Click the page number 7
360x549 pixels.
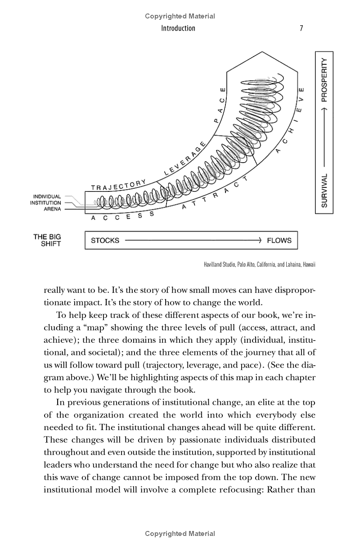(x=301, y=28)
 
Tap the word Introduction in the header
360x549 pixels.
(x=179, y=28)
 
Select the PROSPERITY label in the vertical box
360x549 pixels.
(x=324, y=80)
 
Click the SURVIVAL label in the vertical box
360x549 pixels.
(x=324, y=190)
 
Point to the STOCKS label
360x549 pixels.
(x=105, y=240)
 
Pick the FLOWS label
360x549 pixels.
(x=279, y=240)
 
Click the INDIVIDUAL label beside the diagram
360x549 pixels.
(x=47, y=197)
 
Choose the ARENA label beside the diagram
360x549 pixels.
(x=52, y=209)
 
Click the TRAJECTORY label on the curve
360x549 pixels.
(x=118, y=185)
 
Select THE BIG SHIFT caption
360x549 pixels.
(x=47, y=240)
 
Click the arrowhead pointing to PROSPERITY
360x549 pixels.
(x=324, y=109)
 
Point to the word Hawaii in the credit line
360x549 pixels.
(x=307, y=264)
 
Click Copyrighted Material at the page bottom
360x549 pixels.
(x=180, y=534)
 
